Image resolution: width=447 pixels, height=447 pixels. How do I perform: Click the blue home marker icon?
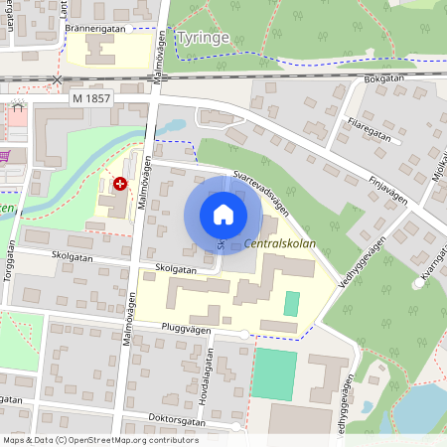coord(223,215)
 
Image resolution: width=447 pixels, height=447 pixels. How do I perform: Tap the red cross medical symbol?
coord(120,184)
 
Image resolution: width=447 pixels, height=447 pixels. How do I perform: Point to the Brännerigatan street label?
coord(97,28)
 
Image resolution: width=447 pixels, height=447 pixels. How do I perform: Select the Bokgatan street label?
coord(384,77)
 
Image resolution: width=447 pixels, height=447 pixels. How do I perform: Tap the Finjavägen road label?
coord(388,188)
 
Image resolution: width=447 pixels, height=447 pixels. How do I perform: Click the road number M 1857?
coord(91,98)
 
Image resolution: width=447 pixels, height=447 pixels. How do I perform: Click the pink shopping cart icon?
coord(5,155)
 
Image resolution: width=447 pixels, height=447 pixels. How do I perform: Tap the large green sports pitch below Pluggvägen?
coord(275,372)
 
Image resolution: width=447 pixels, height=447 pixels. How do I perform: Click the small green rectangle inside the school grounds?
coord(291,303)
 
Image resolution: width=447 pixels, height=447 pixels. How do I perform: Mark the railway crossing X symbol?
coord(57,78)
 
